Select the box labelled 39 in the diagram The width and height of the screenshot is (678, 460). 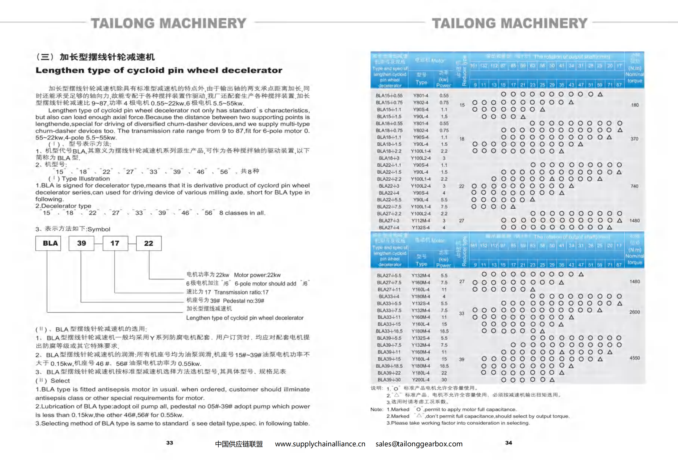[81, 243]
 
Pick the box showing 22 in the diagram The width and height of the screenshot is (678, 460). [148, 243]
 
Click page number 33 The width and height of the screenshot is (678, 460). [170, 442]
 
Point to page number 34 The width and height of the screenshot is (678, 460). [508, 442]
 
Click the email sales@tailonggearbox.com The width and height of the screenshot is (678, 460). [419, 444]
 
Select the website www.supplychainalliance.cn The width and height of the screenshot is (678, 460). [320, 444]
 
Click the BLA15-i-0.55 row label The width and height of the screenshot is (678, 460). [389, 96]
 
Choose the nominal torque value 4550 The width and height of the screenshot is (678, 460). [634, 358]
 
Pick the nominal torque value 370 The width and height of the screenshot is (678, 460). [634, 139]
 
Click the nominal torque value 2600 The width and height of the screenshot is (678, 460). [634, 312]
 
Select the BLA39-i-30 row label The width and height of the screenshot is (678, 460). [389, 380]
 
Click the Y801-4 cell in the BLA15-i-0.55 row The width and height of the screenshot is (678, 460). [421, 96]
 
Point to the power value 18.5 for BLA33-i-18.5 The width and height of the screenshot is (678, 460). [444, 331]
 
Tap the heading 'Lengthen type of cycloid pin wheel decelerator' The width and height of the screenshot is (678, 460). [159, 70]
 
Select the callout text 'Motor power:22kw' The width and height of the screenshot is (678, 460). [257, 275]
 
